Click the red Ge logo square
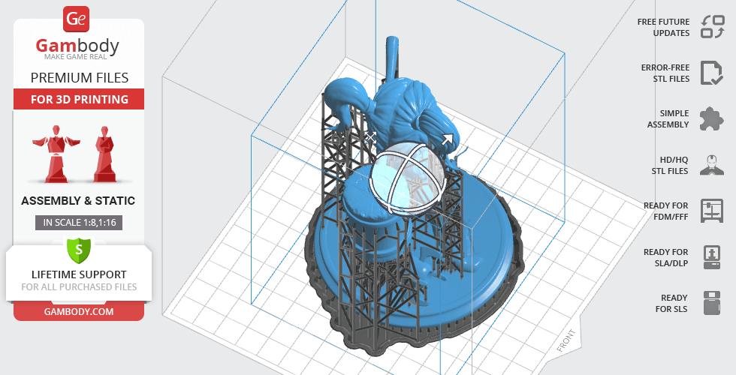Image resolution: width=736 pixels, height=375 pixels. click(76, 19)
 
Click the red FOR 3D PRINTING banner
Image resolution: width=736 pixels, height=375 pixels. click(79, 99)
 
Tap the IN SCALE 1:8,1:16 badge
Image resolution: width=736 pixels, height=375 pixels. click(79, 223)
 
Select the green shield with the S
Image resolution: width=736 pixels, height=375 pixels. click(79, 250)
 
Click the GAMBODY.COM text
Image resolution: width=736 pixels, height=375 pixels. click(79, 312)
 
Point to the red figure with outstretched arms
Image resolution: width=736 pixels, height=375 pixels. click(56, 154)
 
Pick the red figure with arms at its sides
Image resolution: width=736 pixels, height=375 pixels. click(104, 154)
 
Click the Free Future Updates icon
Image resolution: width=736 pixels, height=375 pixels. click(713, 27)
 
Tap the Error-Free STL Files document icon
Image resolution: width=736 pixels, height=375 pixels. click(712, 73)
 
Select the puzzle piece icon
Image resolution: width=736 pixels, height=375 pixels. click(712, 118)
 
